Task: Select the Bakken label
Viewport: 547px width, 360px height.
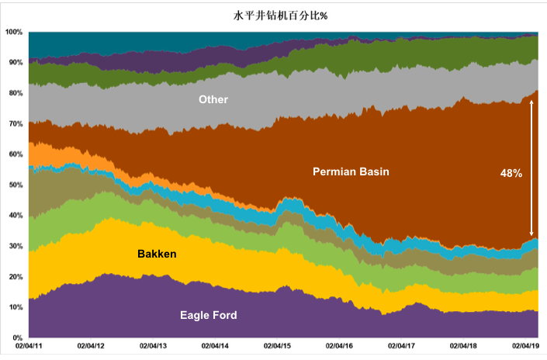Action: pos(157,254)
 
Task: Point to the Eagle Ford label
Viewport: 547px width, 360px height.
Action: pos(209,315)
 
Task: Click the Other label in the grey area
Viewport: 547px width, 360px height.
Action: pos(213,99)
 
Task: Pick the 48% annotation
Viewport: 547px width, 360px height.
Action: pos(511,174)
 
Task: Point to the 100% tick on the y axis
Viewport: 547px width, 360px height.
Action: pos(14,32)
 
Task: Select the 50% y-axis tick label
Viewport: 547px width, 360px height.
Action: pos(16,185)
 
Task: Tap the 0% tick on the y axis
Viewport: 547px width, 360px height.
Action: pos(18,338)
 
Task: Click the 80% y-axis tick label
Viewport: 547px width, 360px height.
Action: pos(16,93)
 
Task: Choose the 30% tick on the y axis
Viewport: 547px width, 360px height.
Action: pos(16,246)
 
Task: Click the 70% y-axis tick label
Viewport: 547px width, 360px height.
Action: pos(16,123)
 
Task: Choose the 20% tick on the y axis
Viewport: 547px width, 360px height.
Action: pos(16,277)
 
